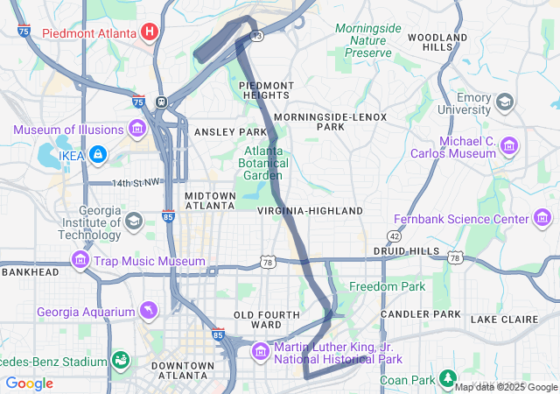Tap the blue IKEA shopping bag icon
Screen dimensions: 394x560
pos(97,155)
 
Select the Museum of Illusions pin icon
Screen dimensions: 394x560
pos(136,130)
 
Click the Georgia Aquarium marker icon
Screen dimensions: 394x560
pos(150,311)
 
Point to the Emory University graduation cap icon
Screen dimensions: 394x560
pos(504,102)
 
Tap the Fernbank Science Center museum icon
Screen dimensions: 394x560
pos(542,218)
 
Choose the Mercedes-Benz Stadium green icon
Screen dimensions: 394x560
pos(119,360)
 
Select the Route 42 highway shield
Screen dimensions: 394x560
pos(395,236)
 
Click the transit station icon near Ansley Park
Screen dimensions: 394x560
pos(162,101)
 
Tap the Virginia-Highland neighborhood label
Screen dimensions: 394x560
pos(310,211)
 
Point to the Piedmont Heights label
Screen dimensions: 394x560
pos(265,89)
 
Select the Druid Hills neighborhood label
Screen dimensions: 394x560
pos(406,250)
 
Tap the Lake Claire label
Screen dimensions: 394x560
pos(504,320)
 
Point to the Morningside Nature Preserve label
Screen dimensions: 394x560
pos(367,40)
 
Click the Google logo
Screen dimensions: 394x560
pos(29,383)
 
